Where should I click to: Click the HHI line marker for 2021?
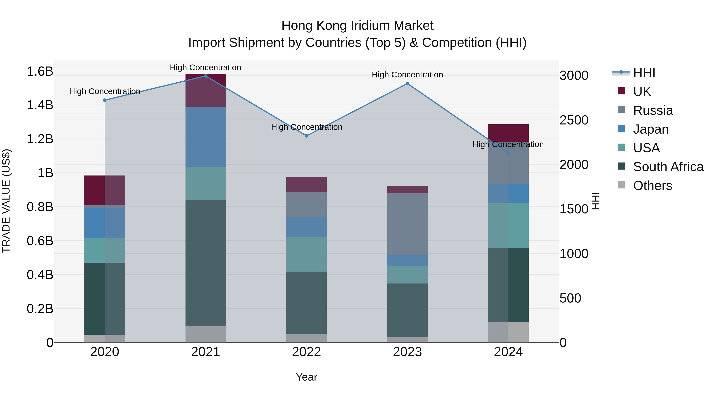(205, 76)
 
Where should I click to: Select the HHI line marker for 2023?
(407, 84)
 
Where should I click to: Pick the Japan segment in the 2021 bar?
(205, 137)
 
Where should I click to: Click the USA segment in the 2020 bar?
(105, 250)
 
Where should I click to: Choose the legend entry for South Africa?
(668, 167)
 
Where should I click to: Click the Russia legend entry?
(653, 110)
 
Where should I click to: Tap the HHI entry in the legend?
(644, 73)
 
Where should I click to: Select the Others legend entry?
(652, 186)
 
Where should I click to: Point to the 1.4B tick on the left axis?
(40, 105)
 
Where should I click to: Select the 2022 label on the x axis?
(306, 352)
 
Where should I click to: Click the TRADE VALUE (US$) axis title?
(6, 201)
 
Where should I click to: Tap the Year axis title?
(306, 377)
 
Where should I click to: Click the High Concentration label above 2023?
(407, 75)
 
